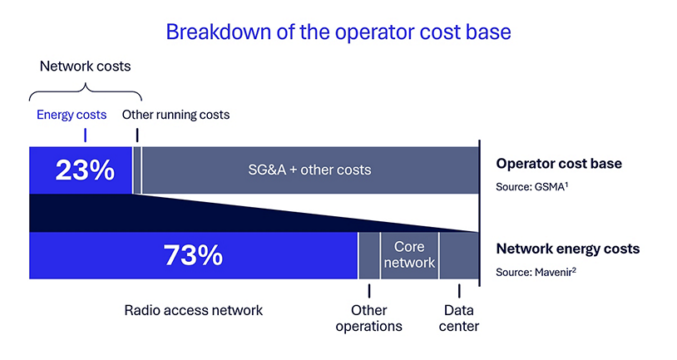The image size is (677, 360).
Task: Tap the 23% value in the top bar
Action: (x=84, y=170)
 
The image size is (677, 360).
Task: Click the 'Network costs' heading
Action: (x=86, y=65)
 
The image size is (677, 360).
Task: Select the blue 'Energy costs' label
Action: (x=72, y=114)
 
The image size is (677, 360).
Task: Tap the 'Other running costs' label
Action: (x=175, y=114)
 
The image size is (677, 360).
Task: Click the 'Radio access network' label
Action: (x=193, y=310)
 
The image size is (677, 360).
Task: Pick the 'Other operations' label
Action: (x=368, y=318)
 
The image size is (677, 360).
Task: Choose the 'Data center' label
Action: (x=458, y=318)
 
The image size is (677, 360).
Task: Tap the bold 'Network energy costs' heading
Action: (x=569, y=249)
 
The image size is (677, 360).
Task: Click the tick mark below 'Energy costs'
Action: (x=85, y=135)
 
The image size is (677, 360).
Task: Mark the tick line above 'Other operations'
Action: (x=368, y=290)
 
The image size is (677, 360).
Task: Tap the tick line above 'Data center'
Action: (x=459, y=290)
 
